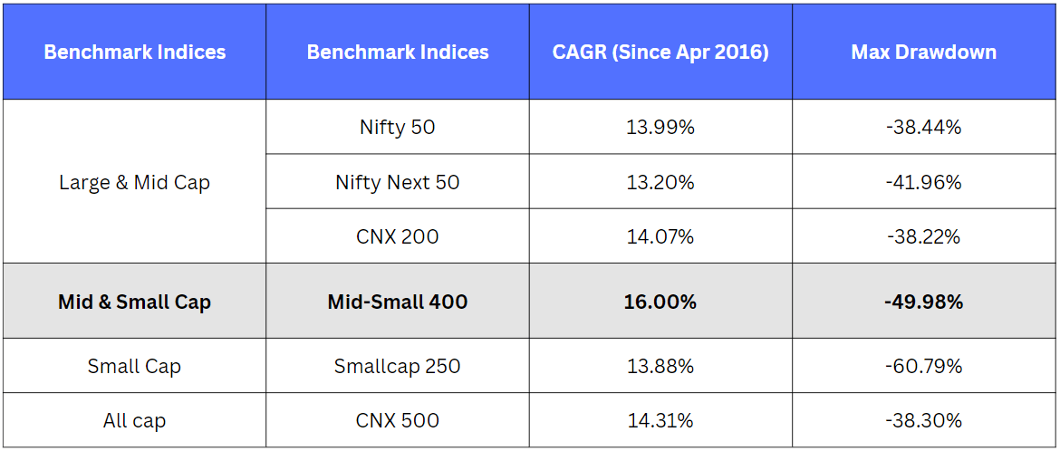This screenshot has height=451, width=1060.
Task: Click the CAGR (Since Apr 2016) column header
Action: (x=660, y=53)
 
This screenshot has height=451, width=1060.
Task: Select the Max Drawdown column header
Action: (x=923, y=53)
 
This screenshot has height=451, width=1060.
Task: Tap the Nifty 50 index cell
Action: (x=398, y=128)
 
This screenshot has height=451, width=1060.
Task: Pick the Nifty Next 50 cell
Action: (x=398, y=183)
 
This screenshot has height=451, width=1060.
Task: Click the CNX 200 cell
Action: (x=398, y=236)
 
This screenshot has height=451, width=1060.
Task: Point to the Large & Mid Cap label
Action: (x=134, y=183)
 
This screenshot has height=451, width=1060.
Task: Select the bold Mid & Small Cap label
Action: (x=134, y=302)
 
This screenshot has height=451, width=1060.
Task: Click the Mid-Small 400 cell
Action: (x=398, y=302)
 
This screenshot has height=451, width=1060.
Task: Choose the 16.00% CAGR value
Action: (x=660, y=302)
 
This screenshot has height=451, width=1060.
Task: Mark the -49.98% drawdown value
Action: (x=923, y=302)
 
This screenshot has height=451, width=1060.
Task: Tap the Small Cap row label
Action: (x=134, y=367)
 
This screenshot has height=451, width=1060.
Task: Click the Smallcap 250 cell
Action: (x=398, y=367)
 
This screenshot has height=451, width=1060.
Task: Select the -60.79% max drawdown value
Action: (x=923, y=367)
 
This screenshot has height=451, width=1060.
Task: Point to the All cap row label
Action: (x=134, y=420)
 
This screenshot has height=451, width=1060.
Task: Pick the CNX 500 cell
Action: (x=398, y=420)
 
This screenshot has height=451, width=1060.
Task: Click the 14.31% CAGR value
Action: (x=660, y=420)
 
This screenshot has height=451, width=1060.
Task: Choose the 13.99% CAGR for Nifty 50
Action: (x=660, y=128)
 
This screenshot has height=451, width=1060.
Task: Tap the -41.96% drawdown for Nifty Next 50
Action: (x=923, y=183)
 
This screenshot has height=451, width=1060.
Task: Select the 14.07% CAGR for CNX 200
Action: (x=660, y=236)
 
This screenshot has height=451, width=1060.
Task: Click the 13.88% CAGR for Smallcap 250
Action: (x=660, y=367)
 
